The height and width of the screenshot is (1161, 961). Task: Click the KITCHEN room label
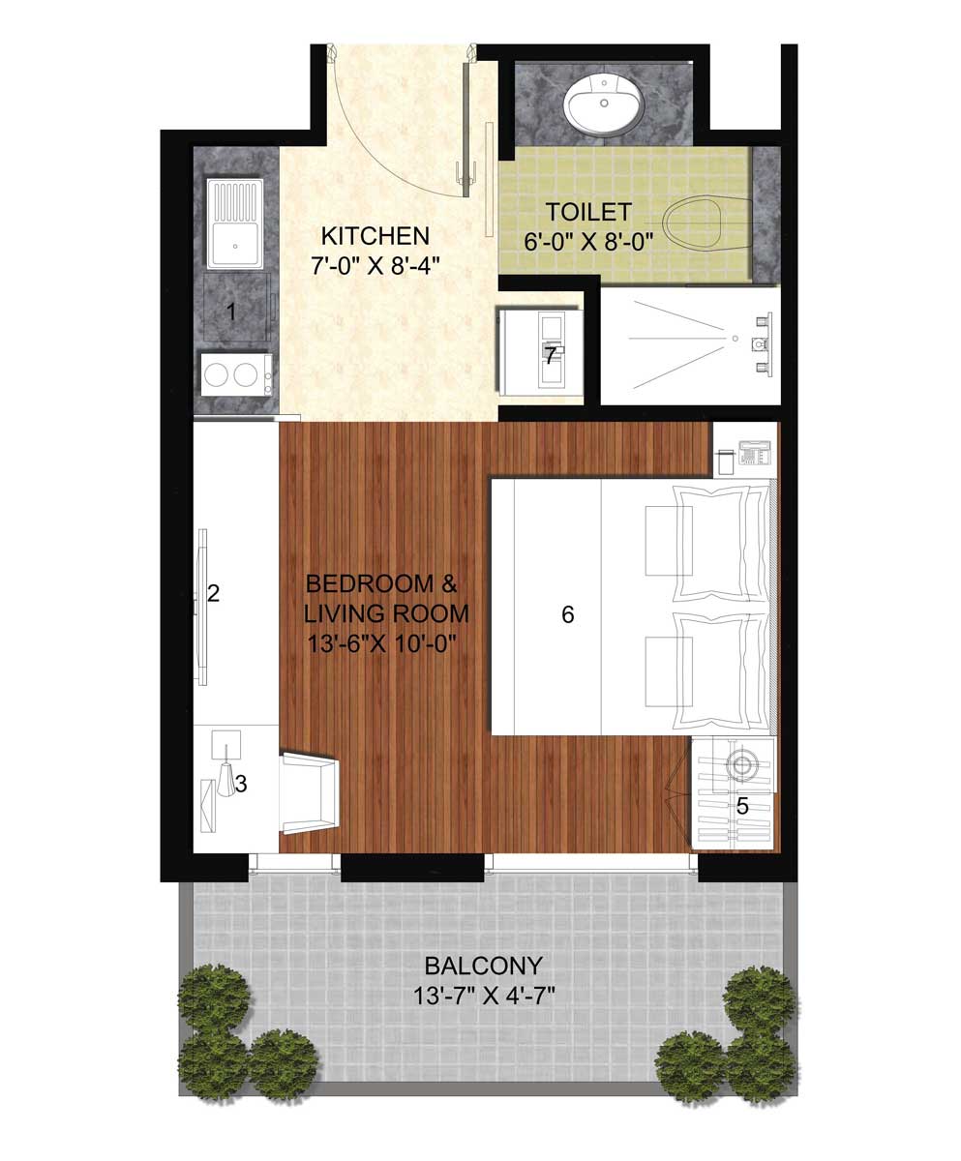tap(375, 236)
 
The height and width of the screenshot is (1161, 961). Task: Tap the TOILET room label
tap(588, 212)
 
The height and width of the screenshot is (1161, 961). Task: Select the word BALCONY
tap(483, 966)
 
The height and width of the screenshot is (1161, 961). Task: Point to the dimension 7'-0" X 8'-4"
tap(375, 266)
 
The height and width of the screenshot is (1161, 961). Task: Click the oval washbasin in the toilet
tap(603, 105)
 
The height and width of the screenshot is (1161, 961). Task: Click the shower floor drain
tap(735, 338)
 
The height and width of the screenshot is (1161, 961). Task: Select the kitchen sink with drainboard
tap(235, 223)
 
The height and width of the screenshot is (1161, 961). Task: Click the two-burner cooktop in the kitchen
tap(236, 374)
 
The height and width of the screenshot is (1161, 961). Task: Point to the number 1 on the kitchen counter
tap(231, 312)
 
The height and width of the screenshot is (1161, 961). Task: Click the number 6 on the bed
tap(567, 614)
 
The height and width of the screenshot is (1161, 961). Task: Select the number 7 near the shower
tap(550, 356)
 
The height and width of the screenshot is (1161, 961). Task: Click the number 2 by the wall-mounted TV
tap(213, 594)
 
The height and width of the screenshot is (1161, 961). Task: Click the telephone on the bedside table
tap(754, 453)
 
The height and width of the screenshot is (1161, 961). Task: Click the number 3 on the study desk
tap(240, 784)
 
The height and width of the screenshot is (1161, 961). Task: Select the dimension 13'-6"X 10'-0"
tap(381, 644)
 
